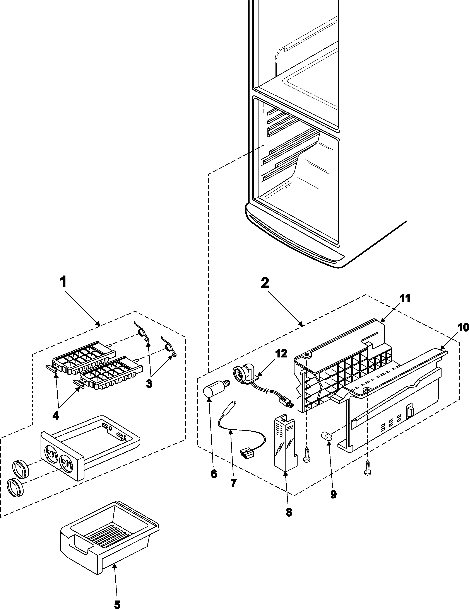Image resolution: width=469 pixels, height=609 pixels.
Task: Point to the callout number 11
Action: click(x=405, y=299)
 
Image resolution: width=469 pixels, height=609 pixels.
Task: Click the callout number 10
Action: click(x=463, y=328)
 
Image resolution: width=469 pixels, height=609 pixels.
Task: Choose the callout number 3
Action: click(x=149, y=384)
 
